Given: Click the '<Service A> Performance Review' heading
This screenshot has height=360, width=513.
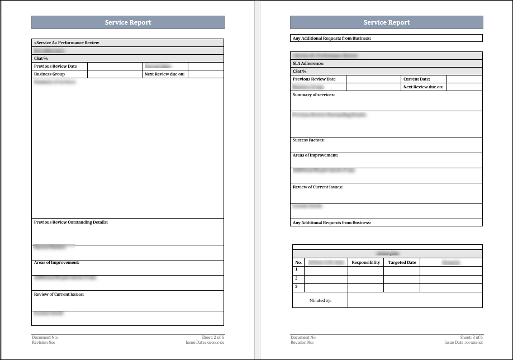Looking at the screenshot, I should coord(66,42).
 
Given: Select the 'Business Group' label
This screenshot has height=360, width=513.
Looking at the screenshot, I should coord(49,74).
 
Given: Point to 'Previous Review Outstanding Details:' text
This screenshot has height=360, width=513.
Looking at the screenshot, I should coord(70,222).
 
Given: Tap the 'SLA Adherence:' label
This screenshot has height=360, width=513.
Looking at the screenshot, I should coord(308,64).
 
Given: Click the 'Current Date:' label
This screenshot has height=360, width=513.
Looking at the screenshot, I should coord(416,79).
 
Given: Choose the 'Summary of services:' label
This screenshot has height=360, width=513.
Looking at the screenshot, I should coord(313,94).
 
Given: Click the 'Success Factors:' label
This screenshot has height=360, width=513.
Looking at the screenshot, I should coord(308,140).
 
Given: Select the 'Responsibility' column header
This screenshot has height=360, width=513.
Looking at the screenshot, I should coord(365,262).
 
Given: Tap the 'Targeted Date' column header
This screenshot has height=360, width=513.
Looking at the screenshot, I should coord(402,262).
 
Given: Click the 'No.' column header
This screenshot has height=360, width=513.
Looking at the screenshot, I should coord(298,262).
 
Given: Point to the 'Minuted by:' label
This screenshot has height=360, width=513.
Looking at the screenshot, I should coord(320,300).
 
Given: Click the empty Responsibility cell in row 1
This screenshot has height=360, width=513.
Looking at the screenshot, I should coord(365,271).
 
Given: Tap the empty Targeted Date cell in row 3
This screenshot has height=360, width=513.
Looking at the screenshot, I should coord(402,287).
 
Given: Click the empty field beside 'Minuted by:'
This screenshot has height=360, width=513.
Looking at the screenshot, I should coord(415,300).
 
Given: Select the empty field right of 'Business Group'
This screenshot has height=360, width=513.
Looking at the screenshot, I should coord(115,74).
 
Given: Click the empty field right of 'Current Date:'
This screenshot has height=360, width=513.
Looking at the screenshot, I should coord(464,79).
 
